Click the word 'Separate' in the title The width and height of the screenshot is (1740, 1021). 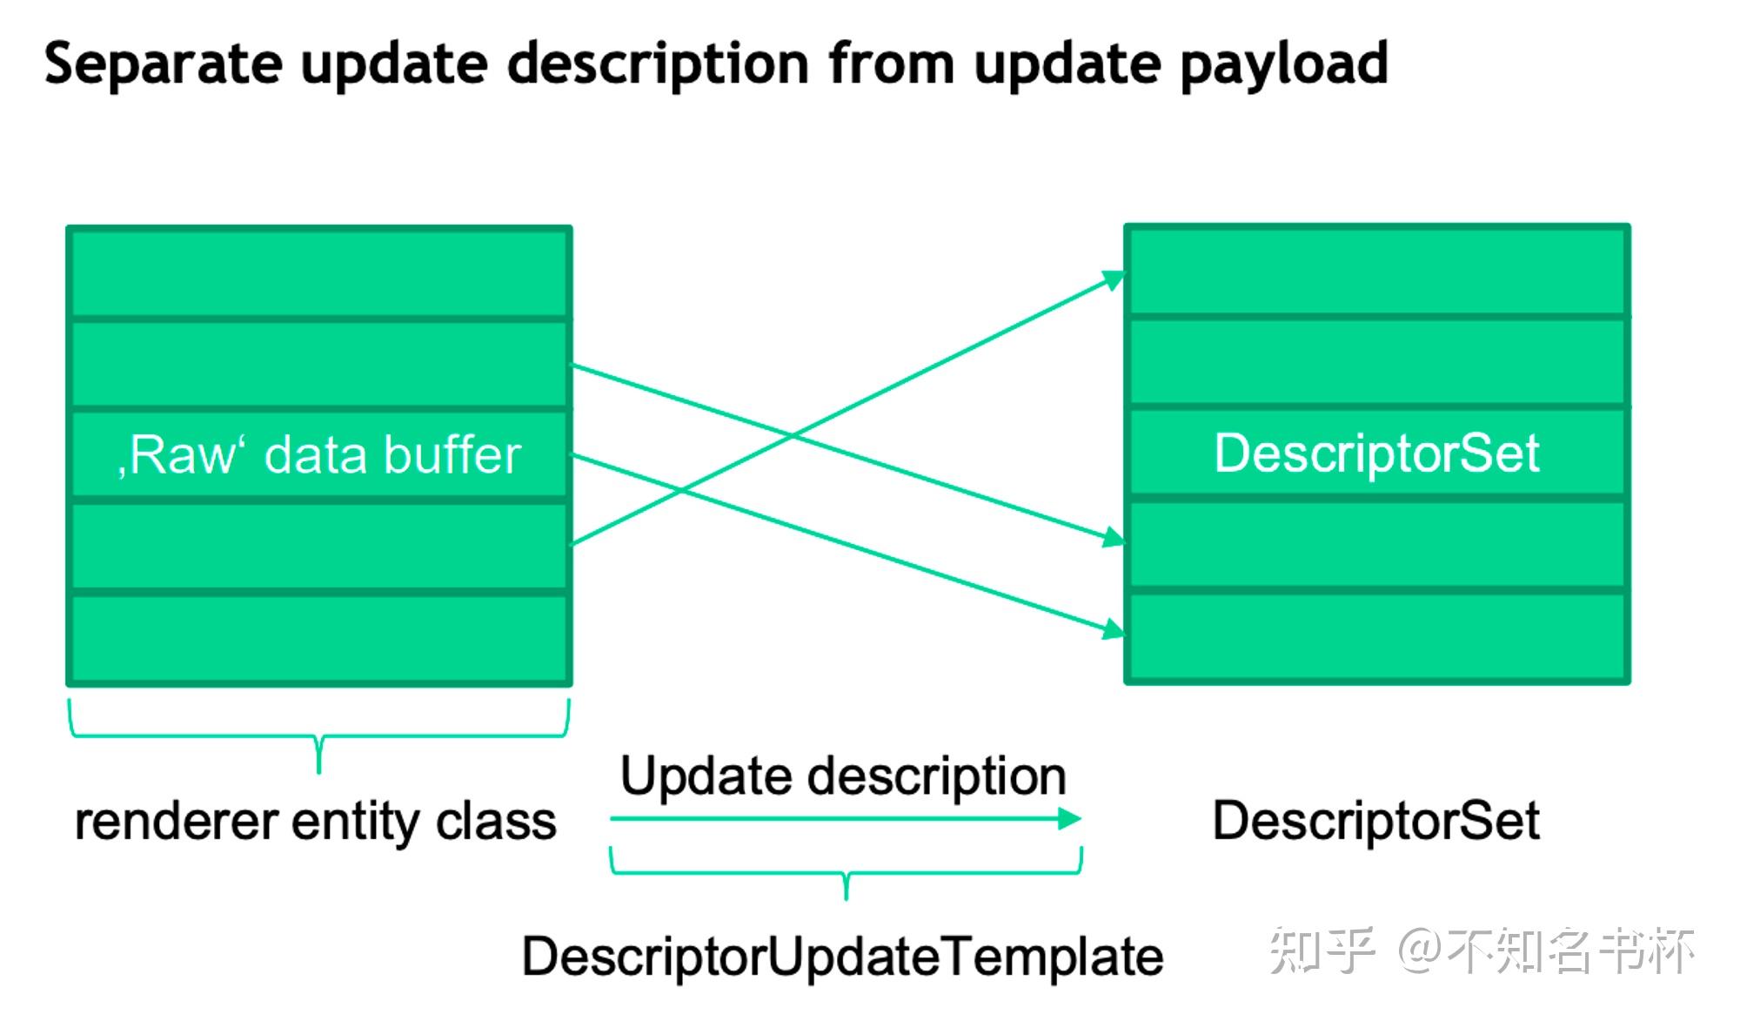(x=163, y=64)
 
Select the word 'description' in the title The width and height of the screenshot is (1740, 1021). (x=659, y=65)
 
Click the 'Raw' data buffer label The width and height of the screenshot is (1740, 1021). (x=319, y=455)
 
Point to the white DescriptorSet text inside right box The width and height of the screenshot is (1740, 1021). (x=1376, y=453)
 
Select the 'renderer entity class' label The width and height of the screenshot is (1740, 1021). (x=315, y=822)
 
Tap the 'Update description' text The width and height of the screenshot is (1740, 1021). (x=842, y=776)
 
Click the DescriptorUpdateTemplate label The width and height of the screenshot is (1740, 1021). (x=842, y=957)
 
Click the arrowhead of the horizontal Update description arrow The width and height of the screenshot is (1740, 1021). (x=1070, y=818)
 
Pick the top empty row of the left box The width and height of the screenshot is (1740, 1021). (x=319, y=272)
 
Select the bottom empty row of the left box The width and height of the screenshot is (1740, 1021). (x=319, y=637)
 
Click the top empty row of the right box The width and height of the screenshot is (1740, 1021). (x=1376, y=271)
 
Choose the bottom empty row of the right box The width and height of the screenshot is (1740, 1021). (x=1376, y=635)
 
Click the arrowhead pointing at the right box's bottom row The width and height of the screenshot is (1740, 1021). (x=1114, y=629)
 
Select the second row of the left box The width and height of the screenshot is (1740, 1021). (x=319, y=364)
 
